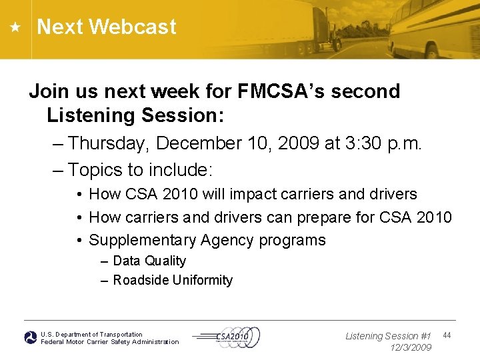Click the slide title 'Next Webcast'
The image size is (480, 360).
[107, 27]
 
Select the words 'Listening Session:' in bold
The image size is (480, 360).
[135, 115]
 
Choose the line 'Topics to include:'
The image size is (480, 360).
[140, 170]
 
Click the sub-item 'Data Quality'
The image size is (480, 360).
[149, 261]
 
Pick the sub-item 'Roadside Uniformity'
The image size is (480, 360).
[173, 280]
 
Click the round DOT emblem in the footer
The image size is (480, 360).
[31, 338]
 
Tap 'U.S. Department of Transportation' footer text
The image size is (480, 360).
[91, 334]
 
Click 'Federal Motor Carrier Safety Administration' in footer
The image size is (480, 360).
[110, 342]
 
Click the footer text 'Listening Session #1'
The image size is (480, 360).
[388, 336]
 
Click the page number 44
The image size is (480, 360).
[447, 335]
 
